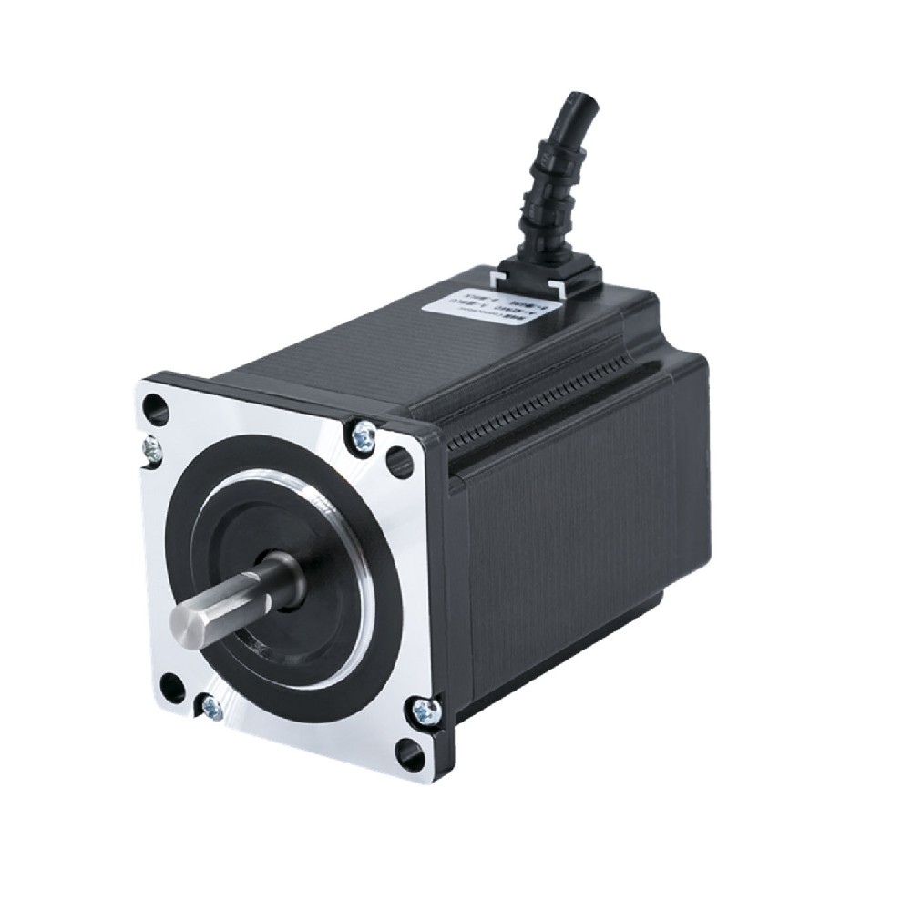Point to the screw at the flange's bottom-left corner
(x=211, y=705)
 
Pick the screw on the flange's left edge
(x=152, y=447)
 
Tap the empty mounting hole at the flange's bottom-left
(x=171, y=689)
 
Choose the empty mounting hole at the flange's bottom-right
(x=409, y=753)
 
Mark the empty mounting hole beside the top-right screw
(x=399, y=463)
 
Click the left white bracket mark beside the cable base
(x=499, y=271)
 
